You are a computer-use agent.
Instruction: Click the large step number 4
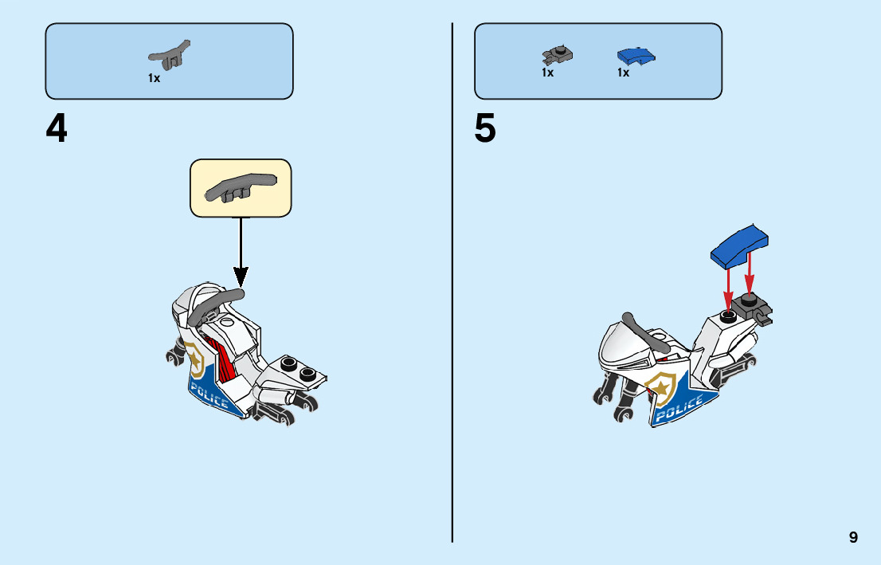[x=57, y=130]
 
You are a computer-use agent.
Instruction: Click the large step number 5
[x=485, y=130]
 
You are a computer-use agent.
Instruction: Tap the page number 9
[x=853, y=537]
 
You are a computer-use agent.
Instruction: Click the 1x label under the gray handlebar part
[x=154, y=78]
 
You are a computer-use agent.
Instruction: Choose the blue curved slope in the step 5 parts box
[x=636, y=56]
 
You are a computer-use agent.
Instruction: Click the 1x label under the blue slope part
[x=623, y=73]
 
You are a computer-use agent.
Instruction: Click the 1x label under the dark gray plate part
[x=547, y=73]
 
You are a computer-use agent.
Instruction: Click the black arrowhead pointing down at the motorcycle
[x=241, y=276]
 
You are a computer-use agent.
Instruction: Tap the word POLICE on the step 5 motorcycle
[x=679, y=408]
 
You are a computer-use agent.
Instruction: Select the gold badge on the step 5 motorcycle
[x=663, y=386]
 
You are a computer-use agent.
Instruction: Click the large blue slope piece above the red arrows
[x=740, y=246]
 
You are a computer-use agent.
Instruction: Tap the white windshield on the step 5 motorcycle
[x=623, y=344]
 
